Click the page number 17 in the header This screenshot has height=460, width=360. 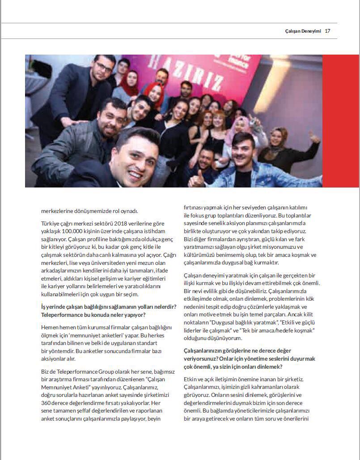pos(327,31)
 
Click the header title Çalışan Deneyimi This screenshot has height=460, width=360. pos(303,31)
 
